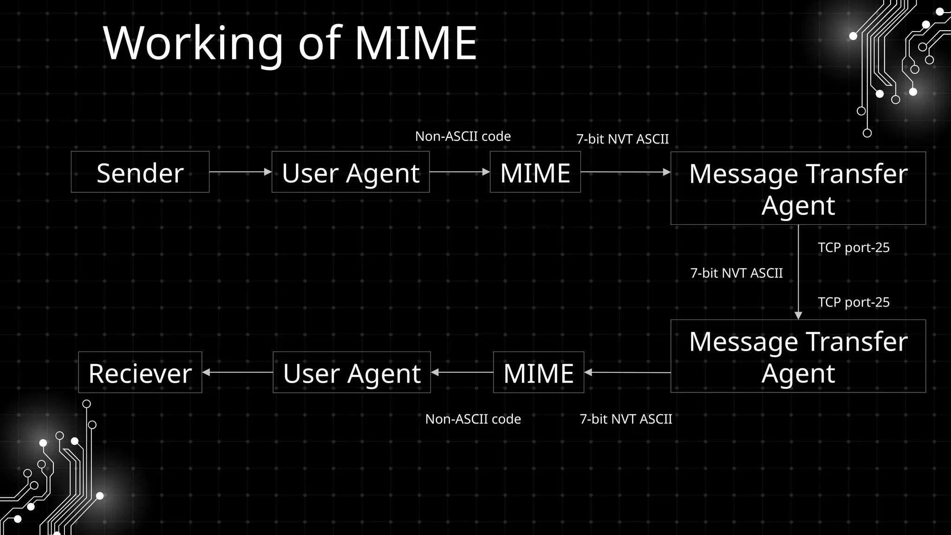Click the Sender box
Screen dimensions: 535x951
coord(140,172)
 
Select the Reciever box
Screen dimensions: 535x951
coord(140,372)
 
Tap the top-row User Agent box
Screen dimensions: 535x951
coord(350,172)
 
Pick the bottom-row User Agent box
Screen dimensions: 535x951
coord(352,372)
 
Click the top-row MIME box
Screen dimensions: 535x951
coord(535,172)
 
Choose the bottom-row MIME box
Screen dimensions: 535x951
coord(538,372)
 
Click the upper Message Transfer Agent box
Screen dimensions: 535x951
coord(798,188)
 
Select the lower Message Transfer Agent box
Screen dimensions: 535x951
coord(798,356)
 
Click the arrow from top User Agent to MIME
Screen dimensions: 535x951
coord(459,172)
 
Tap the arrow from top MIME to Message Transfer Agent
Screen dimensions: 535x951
coord(625,172)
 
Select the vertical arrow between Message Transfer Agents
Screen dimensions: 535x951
coord(798,272)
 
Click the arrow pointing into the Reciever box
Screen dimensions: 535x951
coord(237,372)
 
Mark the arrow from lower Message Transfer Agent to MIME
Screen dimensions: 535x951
coord(627,372)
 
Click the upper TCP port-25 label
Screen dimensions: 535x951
coord(853,248)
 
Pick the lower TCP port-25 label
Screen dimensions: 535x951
coord(853,302)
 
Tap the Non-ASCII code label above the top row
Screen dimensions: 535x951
coord(462,137)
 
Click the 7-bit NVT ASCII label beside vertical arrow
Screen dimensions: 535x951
coord(736,273)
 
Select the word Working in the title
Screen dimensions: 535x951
coord(193,44)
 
